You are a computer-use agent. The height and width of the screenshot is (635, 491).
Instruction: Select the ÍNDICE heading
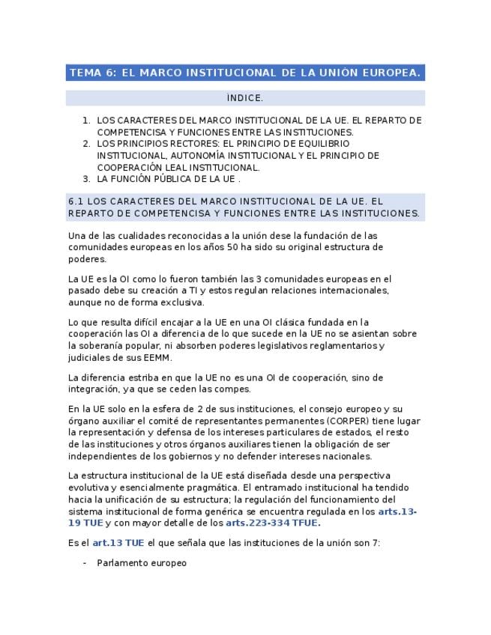pyautogui.click(x=244, y=98)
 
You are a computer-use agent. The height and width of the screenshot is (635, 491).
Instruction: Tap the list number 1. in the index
pyautogui.click(x=86, y=120)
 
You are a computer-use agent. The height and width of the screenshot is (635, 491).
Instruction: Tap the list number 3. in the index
pyautogui.click(x=86, y=179)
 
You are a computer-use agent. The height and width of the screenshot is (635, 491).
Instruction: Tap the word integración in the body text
pyautogui.click(x=93, y=389)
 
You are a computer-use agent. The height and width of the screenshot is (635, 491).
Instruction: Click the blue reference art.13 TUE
pyautogui.click(x=118, y=543)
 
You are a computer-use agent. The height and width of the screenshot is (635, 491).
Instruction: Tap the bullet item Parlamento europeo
pyautogui.click(x=142, y=563)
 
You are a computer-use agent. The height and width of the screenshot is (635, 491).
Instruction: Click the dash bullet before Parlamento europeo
pyautogui.click(x=85, y=563)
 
